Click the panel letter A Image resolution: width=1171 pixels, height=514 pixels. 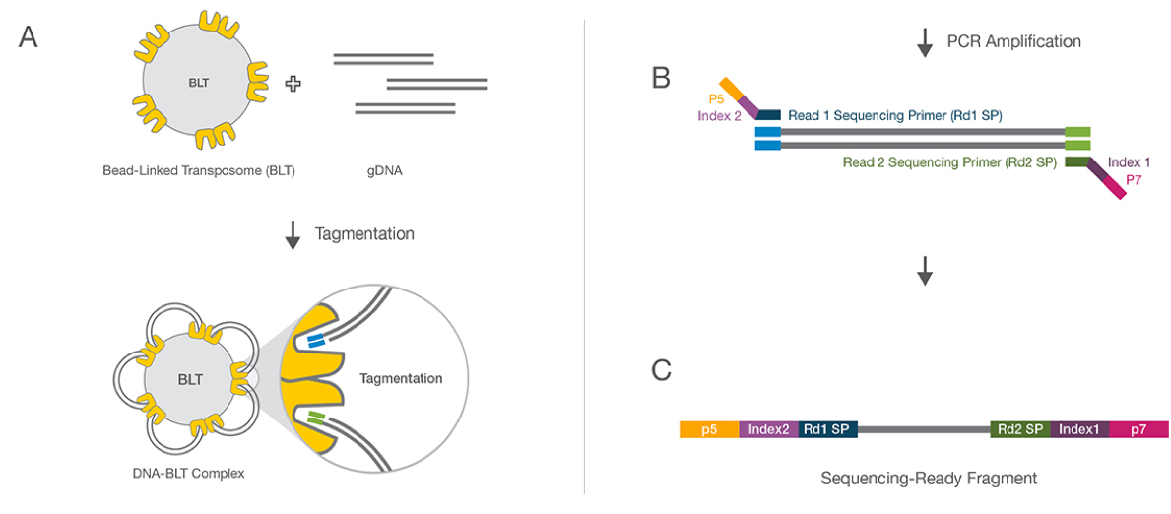pyautogui.click(x=29, y=38)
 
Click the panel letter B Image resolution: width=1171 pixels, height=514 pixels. pyautogui.click(x=662, y=78)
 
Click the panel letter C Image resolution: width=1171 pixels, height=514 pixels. pyautogui.click(x=662, y=370)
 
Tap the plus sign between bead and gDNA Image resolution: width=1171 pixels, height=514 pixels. pyautogui.click(x=293, y=84)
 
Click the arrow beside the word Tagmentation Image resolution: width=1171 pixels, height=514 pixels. pyautogui.click(x=293, y=235)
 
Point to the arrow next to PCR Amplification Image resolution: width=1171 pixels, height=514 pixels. pyautogui.click(x=924, y=42)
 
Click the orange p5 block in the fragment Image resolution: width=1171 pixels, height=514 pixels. pyautogui.click(x=709, y=429)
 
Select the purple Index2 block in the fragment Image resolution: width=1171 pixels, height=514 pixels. pyautogui.click(x=768, y=429)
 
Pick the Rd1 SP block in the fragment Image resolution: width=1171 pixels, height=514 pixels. pyautogui.click(x=828, y=429)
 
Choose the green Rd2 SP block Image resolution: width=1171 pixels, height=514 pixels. pyautogui.click(x=1020, y=429)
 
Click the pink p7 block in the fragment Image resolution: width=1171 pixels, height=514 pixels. pyautogui.click(x=1138, y=429)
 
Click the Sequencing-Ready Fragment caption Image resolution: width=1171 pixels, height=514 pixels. pyautogui.click(x=929, y=479)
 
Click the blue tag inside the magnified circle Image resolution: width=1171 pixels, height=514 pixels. pyautogui.click(x=315, y=340)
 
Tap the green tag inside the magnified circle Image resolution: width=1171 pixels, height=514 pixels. pyautogui.click(x=315, y=419)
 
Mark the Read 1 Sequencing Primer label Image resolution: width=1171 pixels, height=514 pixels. pyautogui.click(x=894, y=115)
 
